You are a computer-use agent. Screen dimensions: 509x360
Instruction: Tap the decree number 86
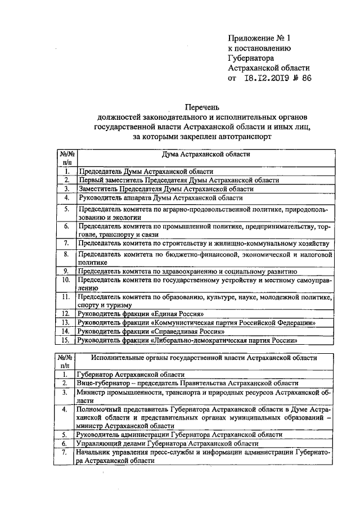coord(306,78)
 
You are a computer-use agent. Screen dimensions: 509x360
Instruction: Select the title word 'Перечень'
coord(206,107)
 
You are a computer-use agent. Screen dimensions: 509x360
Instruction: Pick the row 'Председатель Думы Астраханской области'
coord(146,172)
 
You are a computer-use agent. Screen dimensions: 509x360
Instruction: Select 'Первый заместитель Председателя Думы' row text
coord(179,180)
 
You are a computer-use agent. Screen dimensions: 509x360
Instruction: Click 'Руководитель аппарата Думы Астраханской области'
coord(160,197)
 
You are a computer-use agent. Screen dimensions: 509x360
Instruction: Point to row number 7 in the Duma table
coord(66,243)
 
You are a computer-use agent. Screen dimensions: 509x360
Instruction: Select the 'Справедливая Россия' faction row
coord(149,331)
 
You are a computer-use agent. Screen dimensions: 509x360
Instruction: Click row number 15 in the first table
coord(66,340)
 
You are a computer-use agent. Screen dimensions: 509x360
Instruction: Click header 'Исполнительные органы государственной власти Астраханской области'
coord(205,358)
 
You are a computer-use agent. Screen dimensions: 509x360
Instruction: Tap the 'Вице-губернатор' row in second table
coord(184,382)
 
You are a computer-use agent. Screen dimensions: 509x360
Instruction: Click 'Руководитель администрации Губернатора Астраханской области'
coord(179,435)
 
